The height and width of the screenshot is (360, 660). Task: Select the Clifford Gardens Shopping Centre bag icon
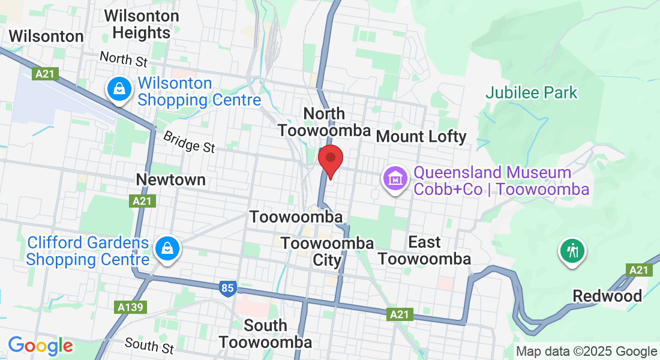pyautogui.click(x=167, y=248)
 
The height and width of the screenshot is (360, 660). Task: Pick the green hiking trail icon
pyautogui.click(x=573, y=250)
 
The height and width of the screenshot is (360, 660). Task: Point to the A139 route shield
pyautogui.click(x=130, y=307)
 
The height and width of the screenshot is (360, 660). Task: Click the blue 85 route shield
pyautogui.click(x=227, y=289)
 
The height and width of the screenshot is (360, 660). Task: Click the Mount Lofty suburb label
pyautogui.click(x=421, y=136)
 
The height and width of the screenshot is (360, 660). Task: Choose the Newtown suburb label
pyautogui.click(x=170, y=179)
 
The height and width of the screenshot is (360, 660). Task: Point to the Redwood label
pyautogui.click(x=607, y=296)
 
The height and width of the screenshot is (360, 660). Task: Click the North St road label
pyautogui.click(x=124, y=59)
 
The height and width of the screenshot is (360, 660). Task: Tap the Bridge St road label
pyautogui.click(x=188, y=142)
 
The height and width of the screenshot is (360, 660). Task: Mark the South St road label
pyautogui.click(x=149, y=345)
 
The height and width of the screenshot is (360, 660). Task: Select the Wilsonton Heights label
pyautogui.click(x=142, y=24)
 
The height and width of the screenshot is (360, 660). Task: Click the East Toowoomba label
pyautogui.click(x=425, y=250)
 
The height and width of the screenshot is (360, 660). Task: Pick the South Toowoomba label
pyautogui.click(x=265, y=334)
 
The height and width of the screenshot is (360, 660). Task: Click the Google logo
pyautogui.click(x=41, y=346)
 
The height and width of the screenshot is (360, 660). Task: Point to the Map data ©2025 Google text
pyautogui.click(x=586, y=352)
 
